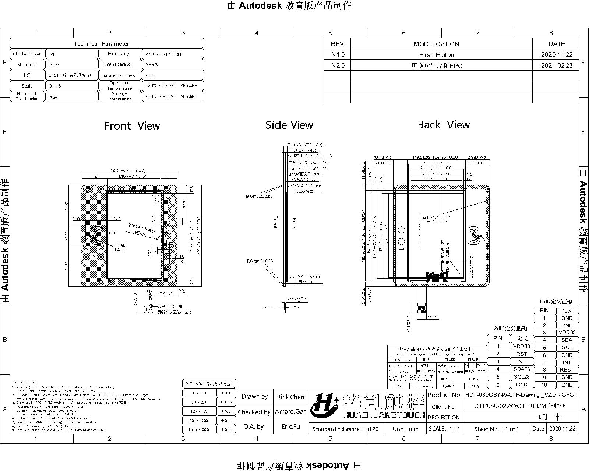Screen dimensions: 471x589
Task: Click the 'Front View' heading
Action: coord(132,126)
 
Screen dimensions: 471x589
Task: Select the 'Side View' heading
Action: coord(289,125)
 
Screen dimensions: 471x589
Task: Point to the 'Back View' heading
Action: coord(444,125)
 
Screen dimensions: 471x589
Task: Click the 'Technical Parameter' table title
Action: coord(101,43)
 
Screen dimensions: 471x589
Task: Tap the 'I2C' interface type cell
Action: coord(53,54)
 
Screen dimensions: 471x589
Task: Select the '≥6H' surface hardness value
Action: coord(150,75)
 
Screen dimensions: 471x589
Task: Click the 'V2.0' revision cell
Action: coord(338,65)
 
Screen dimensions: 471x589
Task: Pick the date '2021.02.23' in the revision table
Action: coord(557,65)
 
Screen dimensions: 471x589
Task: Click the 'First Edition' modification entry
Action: coord(436,55)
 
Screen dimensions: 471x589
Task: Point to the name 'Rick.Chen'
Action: coord(290,397)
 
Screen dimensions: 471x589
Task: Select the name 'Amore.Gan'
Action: coord(290,412)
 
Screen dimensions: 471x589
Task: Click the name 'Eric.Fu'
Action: coord(290,426)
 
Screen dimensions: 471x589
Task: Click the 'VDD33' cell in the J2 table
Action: coord(521,346)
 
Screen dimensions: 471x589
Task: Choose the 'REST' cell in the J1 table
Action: coord(567,370)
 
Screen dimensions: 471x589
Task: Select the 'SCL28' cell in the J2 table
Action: coord(521,377)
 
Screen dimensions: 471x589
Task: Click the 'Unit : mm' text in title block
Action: coord(405,429)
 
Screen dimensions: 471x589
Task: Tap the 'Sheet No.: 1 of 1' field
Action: coord(496,429)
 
